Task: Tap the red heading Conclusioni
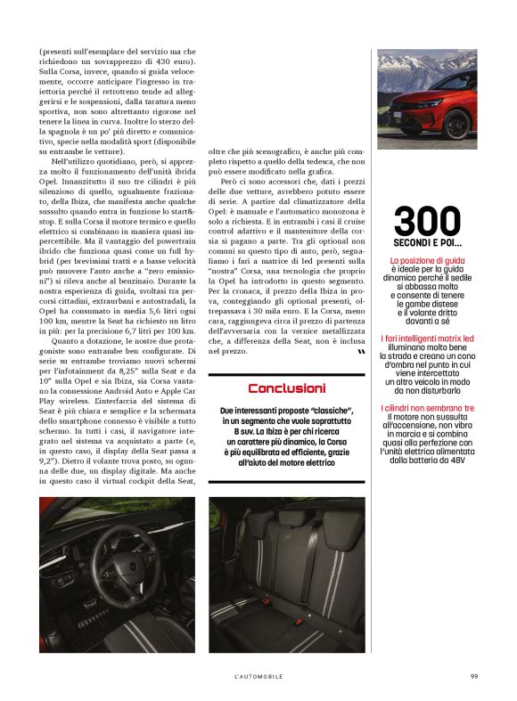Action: pos(286,388)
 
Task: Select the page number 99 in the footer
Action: pos(474,676)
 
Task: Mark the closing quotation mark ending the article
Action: pos(348,355)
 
